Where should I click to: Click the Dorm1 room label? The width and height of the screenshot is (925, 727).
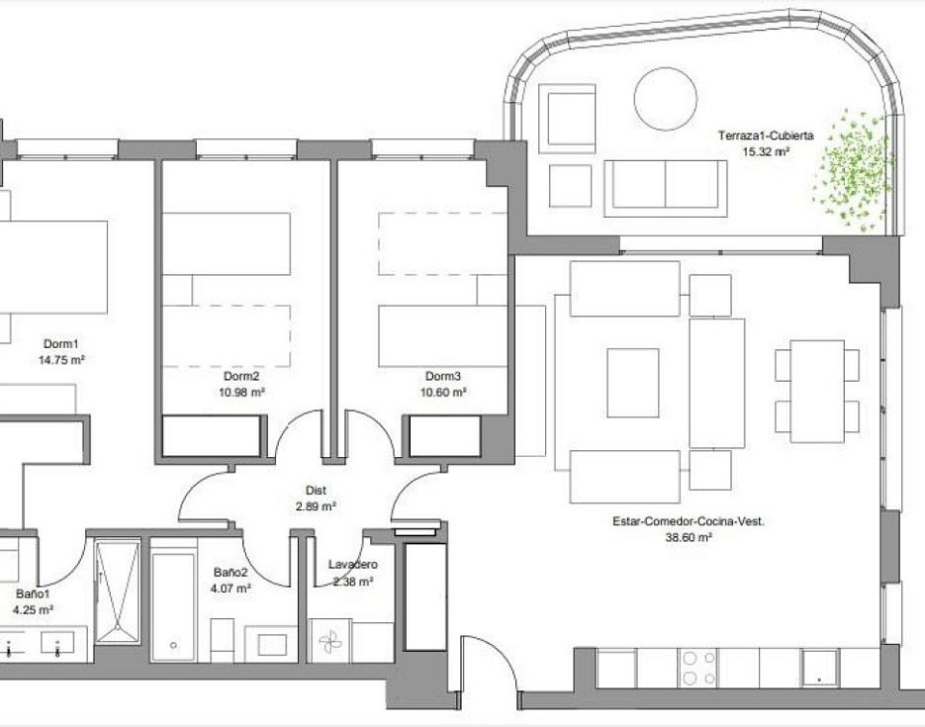(60, 344)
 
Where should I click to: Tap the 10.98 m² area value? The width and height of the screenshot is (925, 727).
(241, 392)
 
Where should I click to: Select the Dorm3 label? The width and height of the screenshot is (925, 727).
(443, 376)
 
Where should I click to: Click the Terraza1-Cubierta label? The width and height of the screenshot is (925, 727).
(766, 136)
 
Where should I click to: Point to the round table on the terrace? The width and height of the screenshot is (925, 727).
(666, 98)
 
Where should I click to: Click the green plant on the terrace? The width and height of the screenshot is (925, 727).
(853, 167)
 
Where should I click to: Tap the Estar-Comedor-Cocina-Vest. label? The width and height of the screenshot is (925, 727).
(689, 522)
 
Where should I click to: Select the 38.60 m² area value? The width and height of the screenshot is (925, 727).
(689, 538)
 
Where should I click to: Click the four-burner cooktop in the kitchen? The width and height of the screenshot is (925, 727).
(698, 668)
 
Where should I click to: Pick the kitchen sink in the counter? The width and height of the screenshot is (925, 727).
(820, 668)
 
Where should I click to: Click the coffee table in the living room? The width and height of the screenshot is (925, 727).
(633, 383)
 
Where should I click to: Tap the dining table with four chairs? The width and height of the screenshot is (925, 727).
(817, 391)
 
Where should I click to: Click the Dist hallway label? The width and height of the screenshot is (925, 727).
(317, 490)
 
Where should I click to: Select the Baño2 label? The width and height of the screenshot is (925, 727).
(231, 572)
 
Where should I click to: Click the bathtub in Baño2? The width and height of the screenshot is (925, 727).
(173, 606)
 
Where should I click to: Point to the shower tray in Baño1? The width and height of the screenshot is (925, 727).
(118, 591)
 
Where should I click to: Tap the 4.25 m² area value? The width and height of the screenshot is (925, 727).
(34, 609)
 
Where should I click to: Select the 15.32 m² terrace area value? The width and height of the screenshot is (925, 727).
(766, 151)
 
